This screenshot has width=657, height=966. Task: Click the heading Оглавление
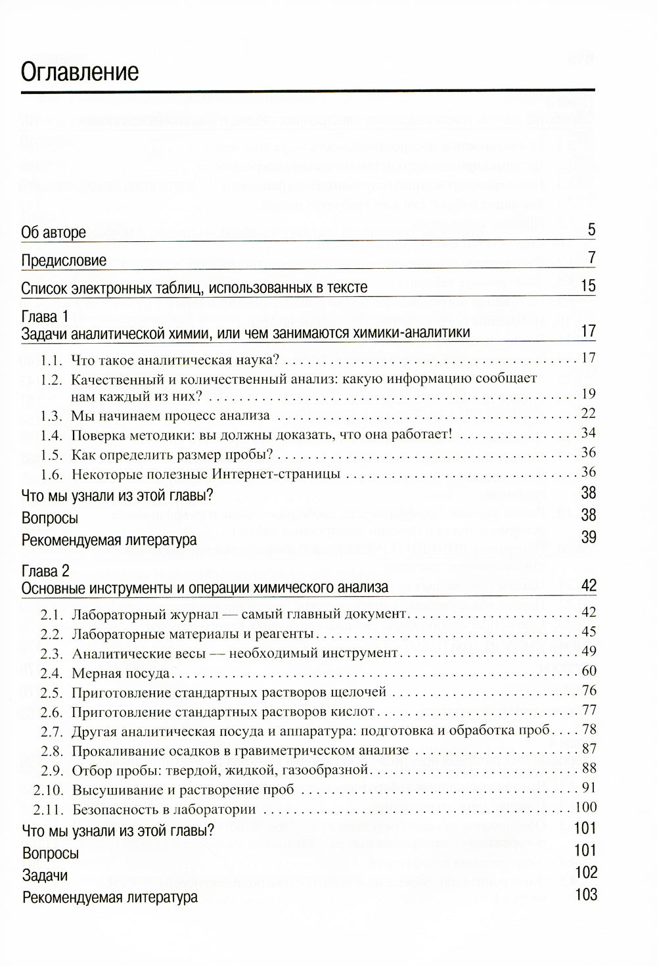click(79, 71)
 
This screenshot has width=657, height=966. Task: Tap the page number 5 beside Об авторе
click(591, 230)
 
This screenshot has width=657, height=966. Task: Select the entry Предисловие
click(64, 260)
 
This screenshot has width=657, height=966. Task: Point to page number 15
click(588, 286)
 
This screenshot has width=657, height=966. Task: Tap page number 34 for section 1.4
click(588, 432)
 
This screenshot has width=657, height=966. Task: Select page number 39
click(588, 538)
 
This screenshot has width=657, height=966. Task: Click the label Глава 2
click(45, 570)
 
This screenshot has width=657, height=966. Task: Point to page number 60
click(588, 670)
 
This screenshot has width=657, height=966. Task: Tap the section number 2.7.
click(51, 731)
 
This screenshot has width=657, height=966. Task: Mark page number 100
click(585, 807)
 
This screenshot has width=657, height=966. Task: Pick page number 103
click(585, 894)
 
